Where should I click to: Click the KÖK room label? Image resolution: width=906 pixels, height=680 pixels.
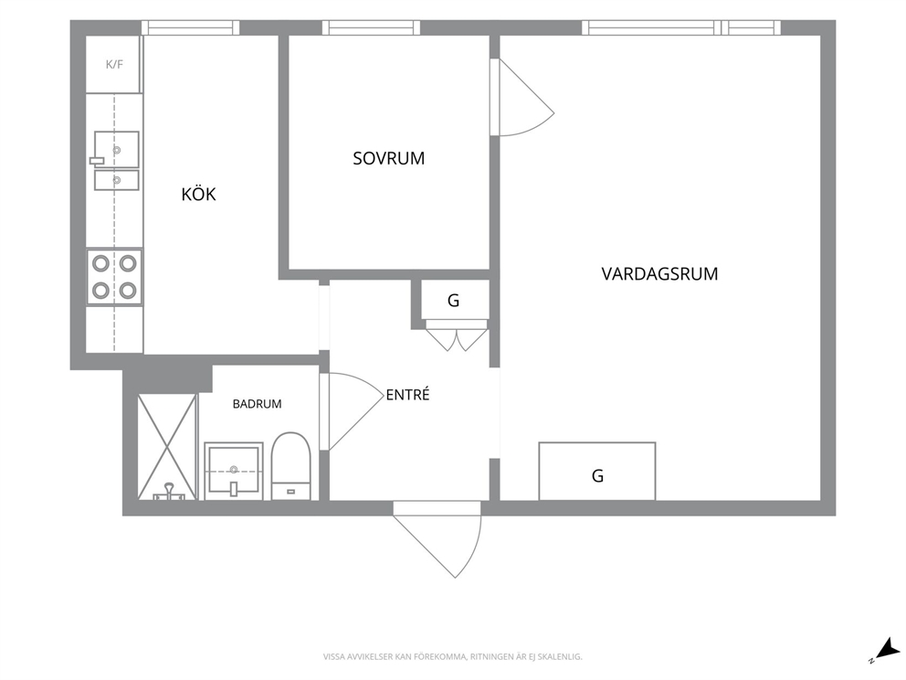(198, 194)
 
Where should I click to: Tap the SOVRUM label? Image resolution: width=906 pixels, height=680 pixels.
(388, 158)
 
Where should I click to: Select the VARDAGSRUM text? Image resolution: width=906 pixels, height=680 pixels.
(659, 273)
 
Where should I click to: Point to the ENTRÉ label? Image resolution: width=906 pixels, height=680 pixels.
(408, 395)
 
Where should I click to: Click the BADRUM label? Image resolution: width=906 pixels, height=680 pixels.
(258, 404)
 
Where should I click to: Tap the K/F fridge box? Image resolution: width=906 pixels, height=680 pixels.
(114, 64)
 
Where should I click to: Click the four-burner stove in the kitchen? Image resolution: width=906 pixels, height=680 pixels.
(114, 277)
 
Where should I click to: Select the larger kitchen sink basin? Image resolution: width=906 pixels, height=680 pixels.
(117, 149)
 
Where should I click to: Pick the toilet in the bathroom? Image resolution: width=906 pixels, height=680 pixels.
(291, 466)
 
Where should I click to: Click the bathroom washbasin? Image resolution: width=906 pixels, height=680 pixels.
(234, 471)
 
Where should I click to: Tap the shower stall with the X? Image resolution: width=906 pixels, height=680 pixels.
(167, 446)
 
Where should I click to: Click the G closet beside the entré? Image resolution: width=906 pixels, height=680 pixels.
(455, 300)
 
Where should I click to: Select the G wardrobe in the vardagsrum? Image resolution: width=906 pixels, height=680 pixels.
(597, 472)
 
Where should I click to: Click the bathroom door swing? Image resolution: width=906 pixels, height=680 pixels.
(352, 411)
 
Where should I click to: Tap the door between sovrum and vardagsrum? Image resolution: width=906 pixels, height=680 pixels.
(521, 97)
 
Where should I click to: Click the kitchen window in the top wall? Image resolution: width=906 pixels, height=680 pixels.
(191, 27)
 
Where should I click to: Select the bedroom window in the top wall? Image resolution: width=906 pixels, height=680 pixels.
(371, 27)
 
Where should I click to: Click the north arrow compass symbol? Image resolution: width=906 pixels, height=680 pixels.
(885, 649)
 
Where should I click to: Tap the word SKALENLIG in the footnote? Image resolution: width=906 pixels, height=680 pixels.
(563, 657)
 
